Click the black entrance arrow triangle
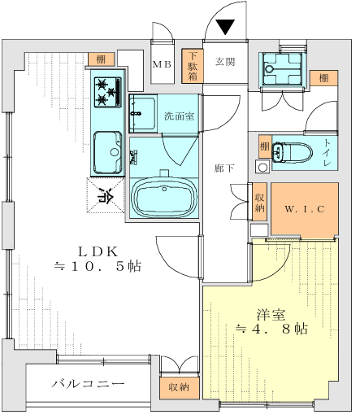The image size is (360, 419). click(226, 27)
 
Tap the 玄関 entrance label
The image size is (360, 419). click(225, 62)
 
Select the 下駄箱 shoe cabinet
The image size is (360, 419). click(193, 66)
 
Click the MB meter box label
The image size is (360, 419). click(162, 64)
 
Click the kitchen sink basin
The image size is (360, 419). click(107, 152)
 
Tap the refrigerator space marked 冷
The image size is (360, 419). click(106, 195)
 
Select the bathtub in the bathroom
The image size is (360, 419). click(164, 198)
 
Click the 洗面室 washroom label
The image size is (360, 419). click(179, 116)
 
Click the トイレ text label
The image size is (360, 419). click(327, 152)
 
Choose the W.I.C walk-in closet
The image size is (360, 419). click(305, 209)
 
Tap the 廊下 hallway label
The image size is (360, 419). click(224, 168)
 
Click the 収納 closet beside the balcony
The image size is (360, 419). click(179, 387)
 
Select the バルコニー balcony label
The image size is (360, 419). click(88, 383)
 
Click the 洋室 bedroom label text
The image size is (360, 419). click(271, 315)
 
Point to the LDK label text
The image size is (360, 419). click(98, 252)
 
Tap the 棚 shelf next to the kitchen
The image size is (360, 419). click(101, 59)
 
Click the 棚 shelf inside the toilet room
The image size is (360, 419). click(265, 146)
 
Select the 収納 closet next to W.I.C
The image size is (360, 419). click(259, 202)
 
